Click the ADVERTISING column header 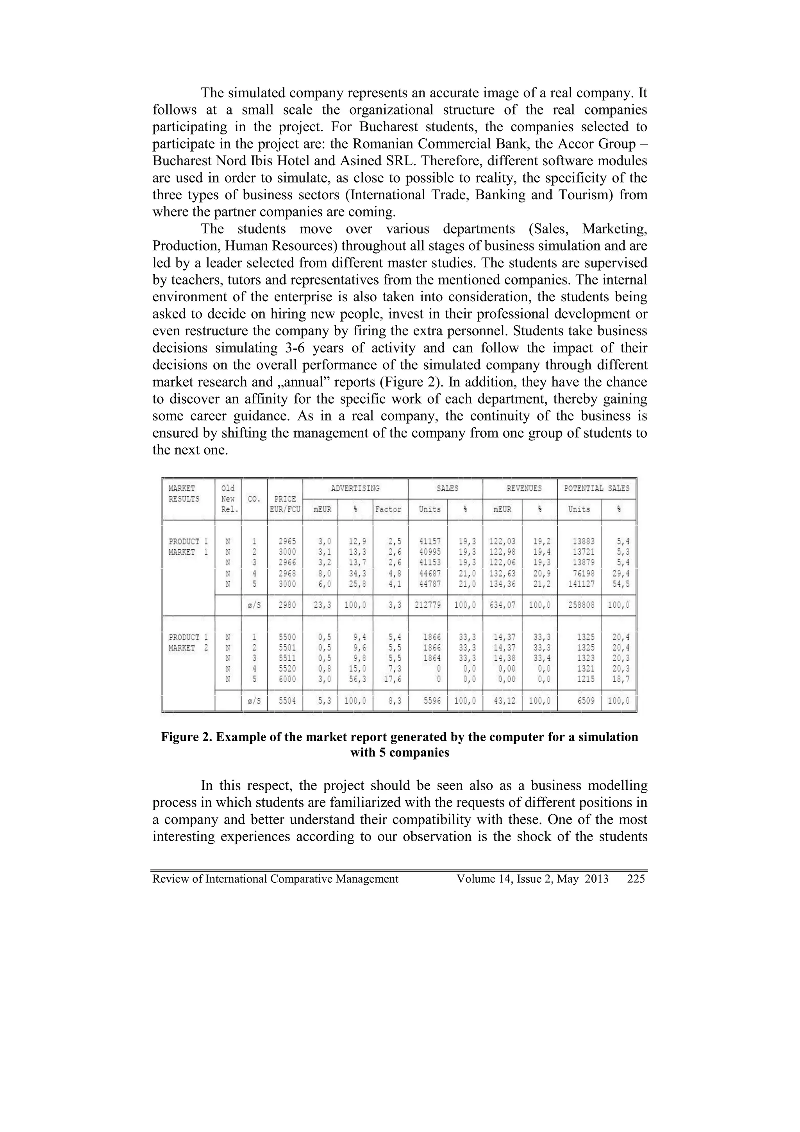tap(355, 488)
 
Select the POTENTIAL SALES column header tap(596, 488)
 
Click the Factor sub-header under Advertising tap(388, 509)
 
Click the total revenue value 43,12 tap(504, 701)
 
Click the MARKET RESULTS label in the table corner tap(184, 494)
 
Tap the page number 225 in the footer tap(636, 878)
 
